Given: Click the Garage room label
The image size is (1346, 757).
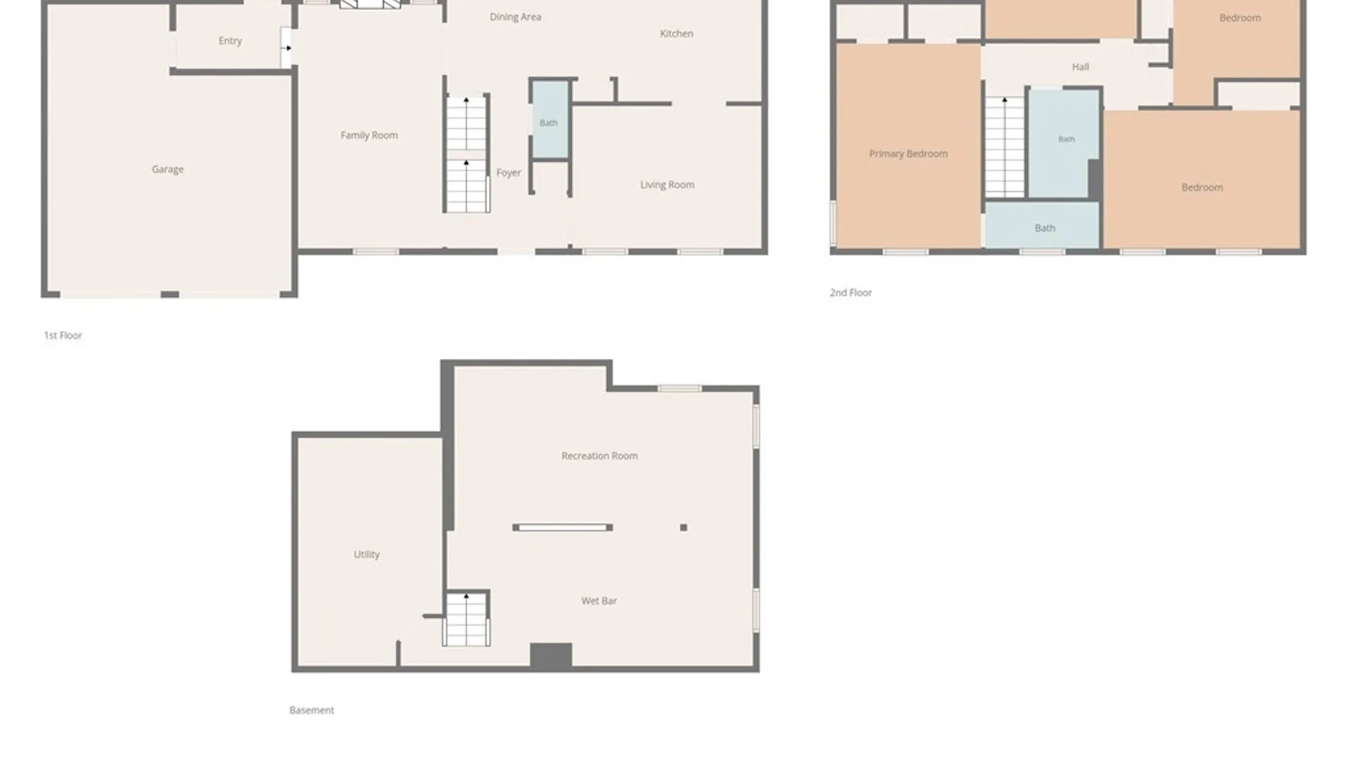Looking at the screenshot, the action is [168, 169].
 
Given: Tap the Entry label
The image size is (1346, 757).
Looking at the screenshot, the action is [230, 41].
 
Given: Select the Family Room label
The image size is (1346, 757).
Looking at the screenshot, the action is [369, 135].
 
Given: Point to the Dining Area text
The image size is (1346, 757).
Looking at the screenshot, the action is [515, 17].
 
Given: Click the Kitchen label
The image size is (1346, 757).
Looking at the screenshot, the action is [677, 34].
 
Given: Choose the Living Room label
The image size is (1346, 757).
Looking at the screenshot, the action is [667, 185].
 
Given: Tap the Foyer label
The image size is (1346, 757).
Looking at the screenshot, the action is [508, 172].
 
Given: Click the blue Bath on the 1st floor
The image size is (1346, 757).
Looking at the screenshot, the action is [550, 120].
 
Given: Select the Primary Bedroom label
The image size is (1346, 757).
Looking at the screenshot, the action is [908, 154].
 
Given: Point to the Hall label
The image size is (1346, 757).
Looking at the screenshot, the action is [1080, 67].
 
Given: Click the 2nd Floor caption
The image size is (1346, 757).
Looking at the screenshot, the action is [850, 293].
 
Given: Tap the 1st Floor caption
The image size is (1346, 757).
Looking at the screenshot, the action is [63, 336].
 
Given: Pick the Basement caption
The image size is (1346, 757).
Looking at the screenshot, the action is [312, 710].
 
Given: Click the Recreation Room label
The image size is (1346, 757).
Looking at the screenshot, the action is [599, 456].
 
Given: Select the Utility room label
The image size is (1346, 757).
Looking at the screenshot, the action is [367, 554].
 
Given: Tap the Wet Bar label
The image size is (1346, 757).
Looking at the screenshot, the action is [599, 601].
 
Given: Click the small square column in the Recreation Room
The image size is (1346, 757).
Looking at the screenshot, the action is [684, 528].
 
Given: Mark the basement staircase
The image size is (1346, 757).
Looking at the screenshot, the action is [466, 618].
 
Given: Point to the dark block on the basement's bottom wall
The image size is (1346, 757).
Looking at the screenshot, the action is [550, 655].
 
